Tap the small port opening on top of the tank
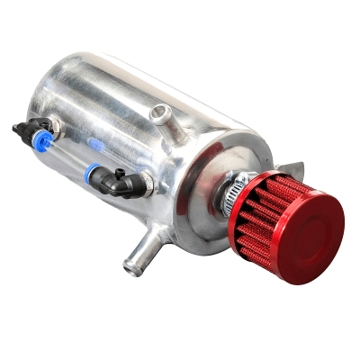point(163,112)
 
